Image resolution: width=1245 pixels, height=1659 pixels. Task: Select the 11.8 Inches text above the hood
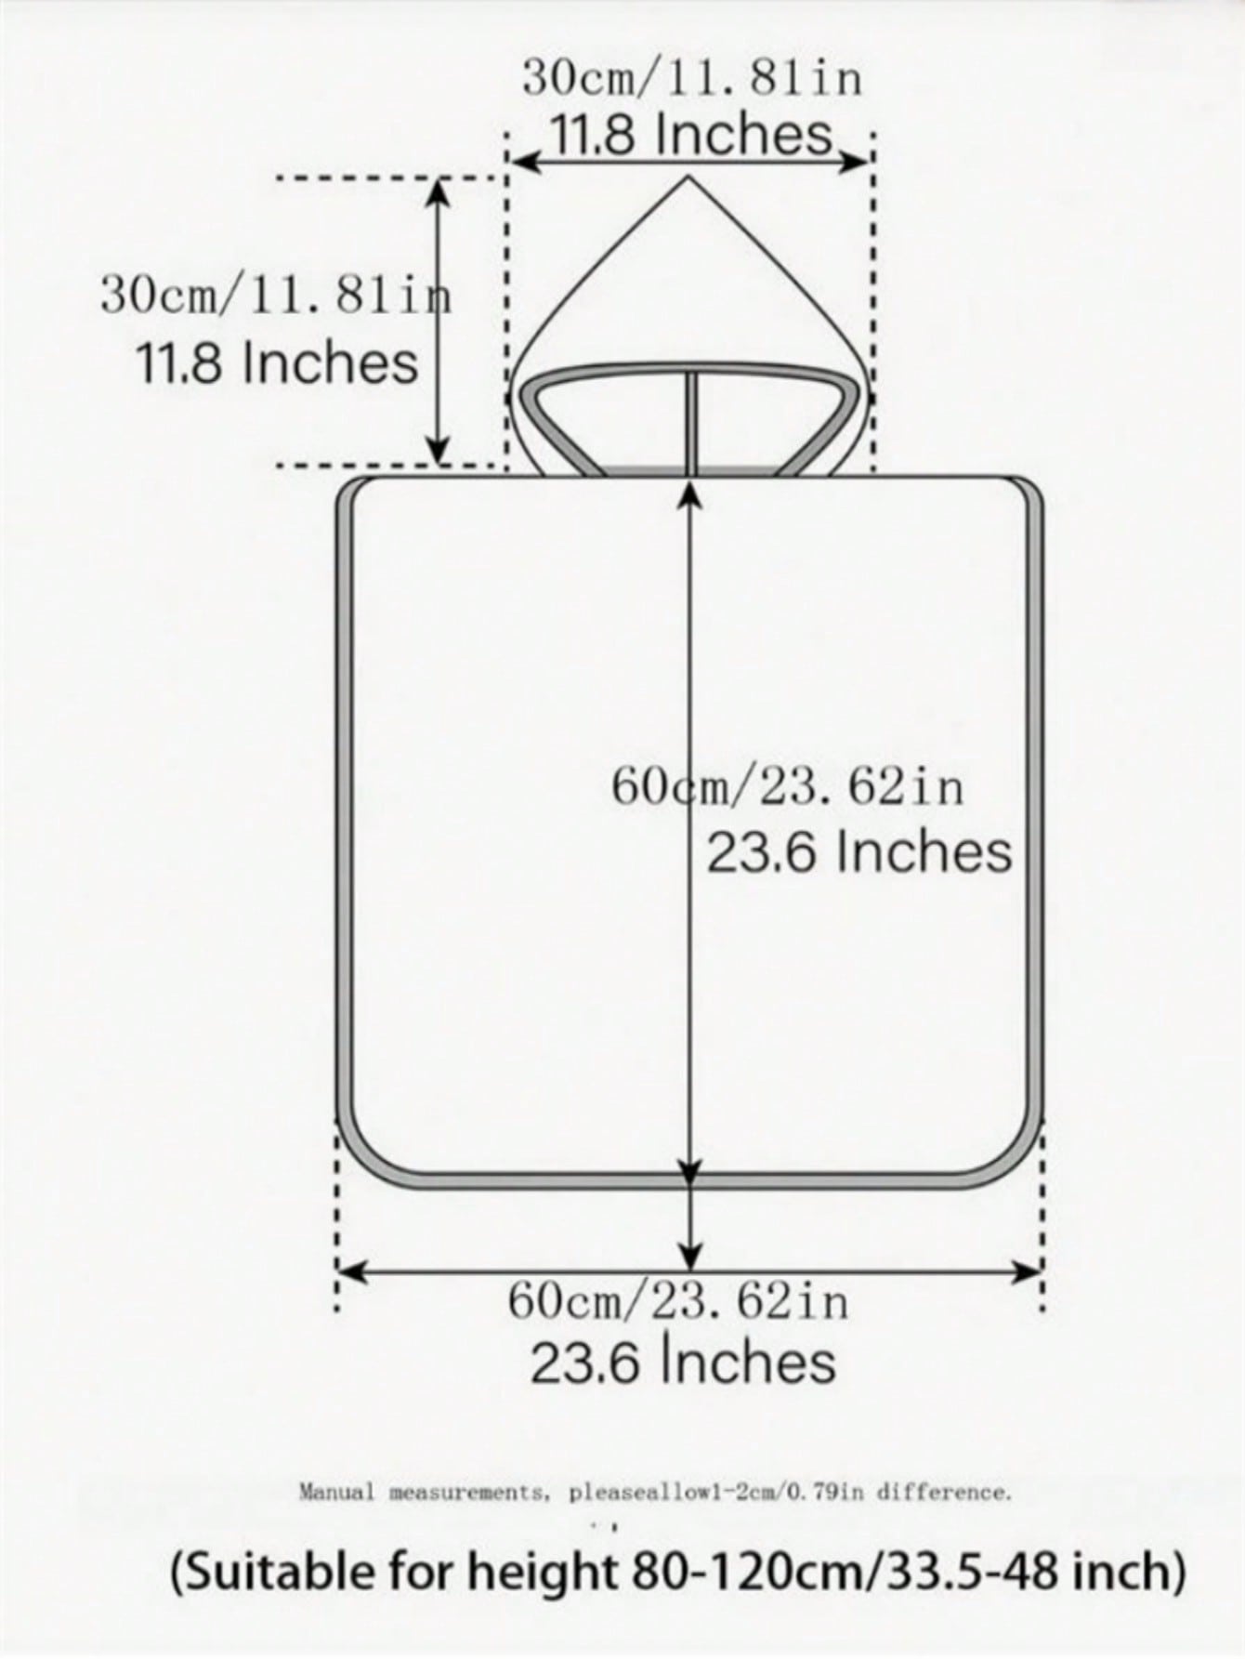click(692, 134)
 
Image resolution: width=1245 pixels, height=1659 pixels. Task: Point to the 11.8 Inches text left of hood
click(277, 362)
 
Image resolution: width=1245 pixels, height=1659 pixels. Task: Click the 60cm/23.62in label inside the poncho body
click(788, 787)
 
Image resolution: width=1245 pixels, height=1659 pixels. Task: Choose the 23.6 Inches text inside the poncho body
click(859, 852)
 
